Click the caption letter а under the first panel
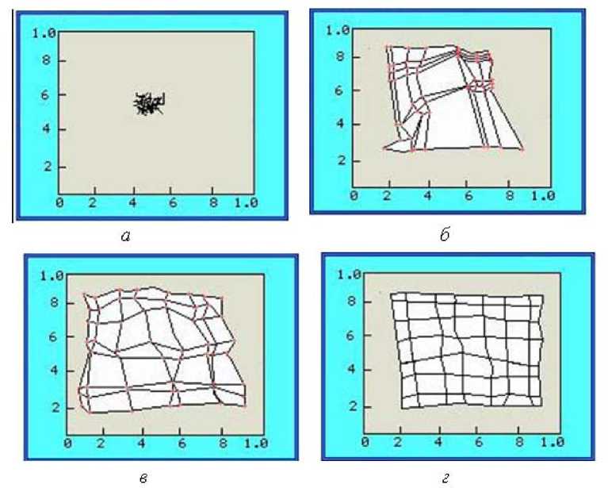tap(125, 235)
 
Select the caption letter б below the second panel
tap(445, 234)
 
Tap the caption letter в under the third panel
tap(143, 478)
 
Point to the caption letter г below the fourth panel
tap(445, 478)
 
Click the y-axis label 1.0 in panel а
tap(44, 33)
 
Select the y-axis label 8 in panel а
tap(46, 60)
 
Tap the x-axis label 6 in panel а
tap(173, 202)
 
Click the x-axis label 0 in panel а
tap(59, 202)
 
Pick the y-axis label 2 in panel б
tap(341, 160)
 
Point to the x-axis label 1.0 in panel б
tap(543, 195)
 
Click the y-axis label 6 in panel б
tap(339, 90)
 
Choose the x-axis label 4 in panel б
tap(428, 195)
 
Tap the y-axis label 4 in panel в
tap(54, 370)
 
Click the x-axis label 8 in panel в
tap(223, 444)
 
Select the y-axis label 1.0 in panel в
tap(52, 276)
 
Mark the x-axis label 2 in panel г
tap(398, 442)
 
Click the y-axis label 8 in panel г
tap(352, 302)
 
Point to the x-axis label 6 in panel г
tap(479, 442)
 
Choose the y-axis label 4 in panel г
tap(352, 368)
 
